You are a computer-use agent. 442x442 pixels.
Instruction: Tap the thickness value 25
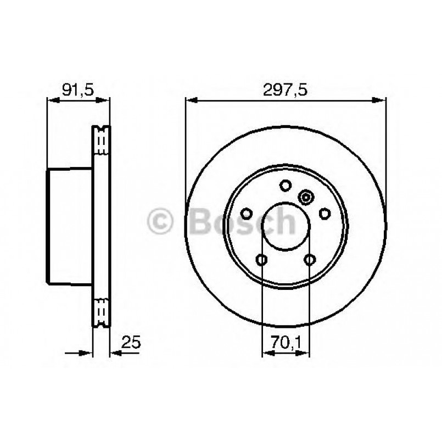tap(131, 343)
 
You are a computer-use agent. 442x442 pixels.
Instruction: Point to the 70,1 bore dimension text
tap(286, 343)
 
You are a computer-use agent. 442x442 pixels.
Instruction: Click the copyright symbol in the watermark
tap(160, 221)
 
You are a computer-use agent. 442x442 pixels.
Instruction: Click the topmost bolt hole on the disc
tap(285, 186)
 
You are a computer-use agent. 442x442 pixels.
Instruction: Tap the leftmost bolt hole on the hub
tap(247, 214)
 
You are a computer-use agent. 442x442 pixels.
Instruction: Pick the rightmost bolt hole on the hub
tap(324, 214)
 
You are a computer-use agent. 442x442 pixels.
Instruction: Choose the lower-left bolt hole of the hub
tap(262, 259)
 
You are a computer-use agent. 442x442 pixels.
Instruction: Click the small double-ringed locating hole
tap(306, 196)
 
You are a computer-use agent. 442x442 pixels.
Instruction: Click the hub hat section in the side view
tap(69, 226)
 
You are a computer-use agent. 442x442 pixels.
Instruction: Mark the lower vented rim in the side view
tap(101, 311)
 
